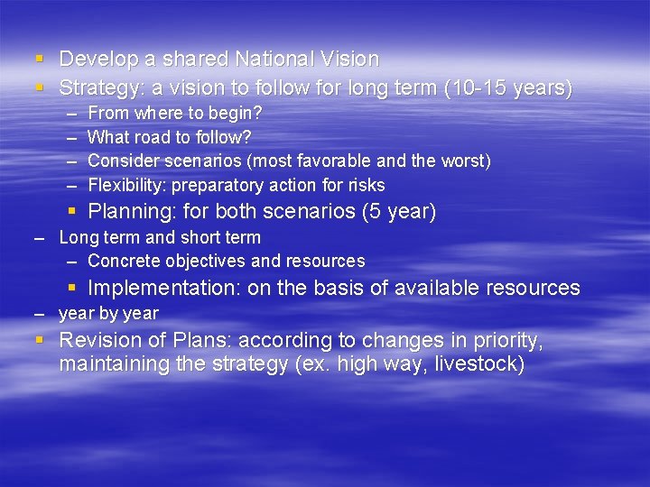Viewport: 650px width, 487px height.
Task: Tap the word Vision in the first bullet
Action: (x=350, y=60)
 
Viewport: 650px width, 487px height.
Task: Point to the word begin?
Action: (x=237, y=115)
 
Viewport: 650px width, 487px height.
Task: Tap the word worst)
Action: (x=465, y=161)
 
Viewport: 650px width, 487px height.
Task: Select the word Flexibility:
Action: (x=127, y=185)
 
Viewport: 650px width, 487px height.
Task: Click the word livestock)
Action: (x=480, y=364)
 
